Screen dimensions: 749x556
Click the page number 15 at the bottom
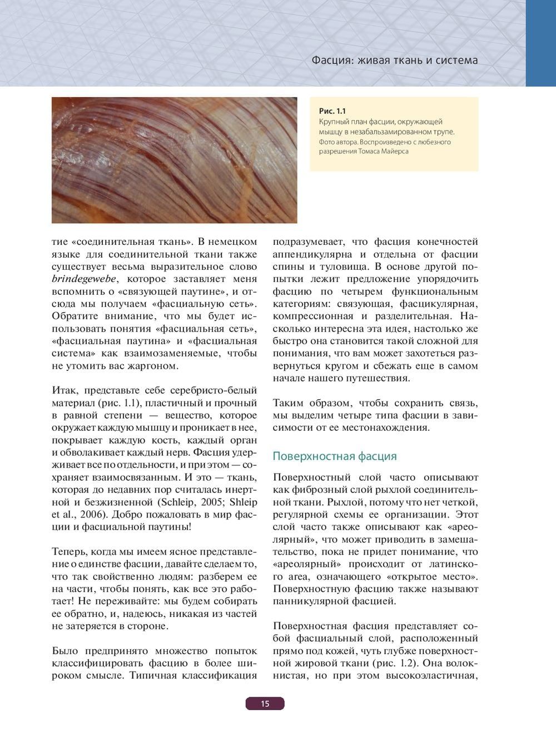(265, 703)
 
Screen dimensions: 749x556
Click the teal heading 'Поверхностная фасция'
(335, 456)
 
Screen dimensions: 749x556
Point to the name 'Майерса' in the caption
(395, 151)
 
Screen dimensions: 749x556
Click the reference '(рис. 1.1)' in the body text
(108, 403)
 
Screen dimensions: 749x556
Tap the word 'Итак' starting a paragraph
(63, 391)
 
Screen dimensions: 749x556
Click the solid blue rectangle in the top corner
(540, 43)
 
